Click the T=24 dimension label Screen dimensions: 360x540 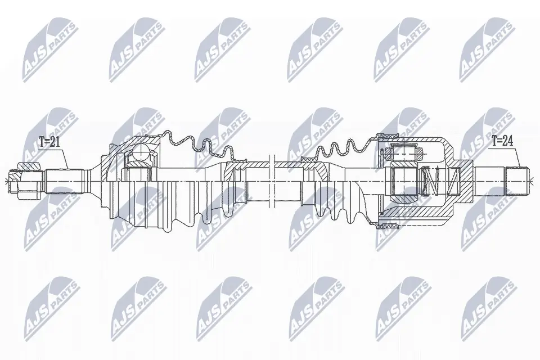pos(502,141)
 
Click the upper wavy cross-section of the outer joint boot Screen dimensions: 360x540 pos(197,143)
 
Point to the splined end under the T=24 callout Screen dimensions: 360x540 pos(517,181)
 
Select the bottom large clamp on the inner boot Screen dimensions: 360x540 pos(388,226)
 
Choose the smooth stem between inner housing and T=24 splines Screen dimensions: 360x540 pos(489,181)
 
